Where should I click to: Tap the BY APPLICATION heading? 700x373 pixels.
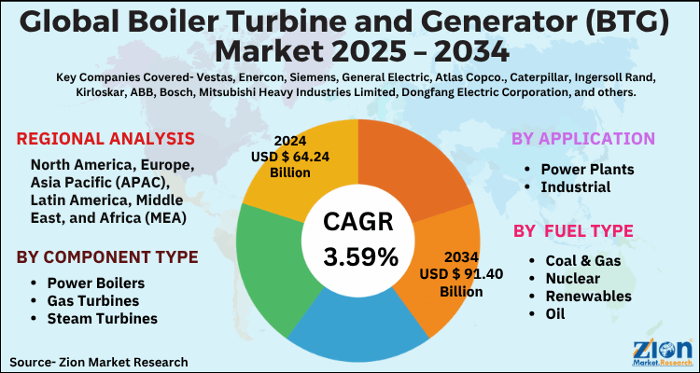pos(582,140)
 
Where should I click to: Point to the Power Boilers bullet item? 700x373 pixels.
pos(95,283)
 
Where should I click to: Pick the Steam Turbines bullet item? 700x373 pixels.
pos(101,319)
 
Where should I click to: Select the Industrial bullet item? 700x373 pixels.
pos(579,186)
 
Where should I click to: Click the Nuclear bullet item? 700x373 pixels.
pos(569,279)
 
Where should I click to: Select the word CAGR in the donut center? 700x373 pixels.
pos(359,222)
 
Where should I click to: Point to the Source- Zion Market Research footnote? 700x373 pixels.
pos(99,361)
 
